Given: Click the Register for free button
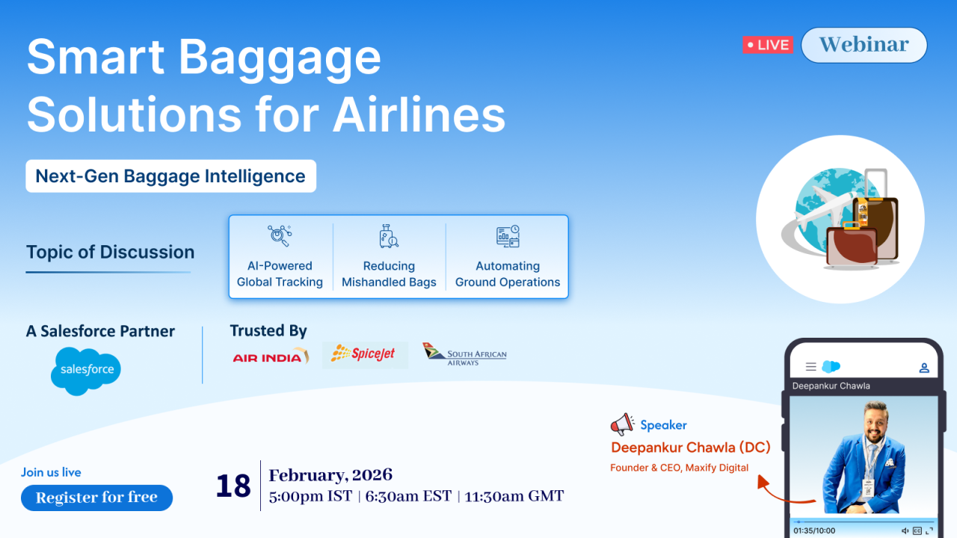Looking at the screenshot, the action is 96,498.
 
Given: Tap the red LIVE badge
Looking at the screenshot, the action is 768,45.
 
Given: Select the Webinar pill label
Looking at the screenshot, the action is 864,45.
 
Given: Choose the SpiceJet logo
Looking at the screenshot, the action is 364,354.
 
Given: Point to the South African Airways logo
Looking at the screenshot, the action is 464,354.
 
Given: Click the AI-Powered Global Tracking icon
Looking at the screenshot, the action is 280,235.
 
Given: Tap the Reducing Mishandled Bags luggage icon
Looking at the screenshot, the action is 388,236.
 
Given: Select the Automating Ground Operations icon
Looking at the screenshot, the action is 508,236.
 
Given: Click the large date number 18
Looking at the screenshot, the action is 233,486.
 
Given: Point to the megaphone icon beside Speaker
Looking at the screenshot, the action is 622,424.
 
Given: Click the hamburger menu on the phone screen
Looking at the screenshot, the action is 811,366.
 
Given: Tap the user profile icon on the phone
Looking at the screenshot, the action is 924,368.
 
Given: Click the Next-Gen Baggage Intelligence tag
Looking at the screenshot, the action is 171,176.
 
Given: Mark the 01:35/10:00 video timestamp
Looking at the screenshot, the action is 814,531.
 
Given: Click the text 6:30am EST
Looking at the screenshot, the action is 408,496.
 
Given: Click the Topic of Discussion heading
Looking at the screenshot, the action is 110,252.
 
